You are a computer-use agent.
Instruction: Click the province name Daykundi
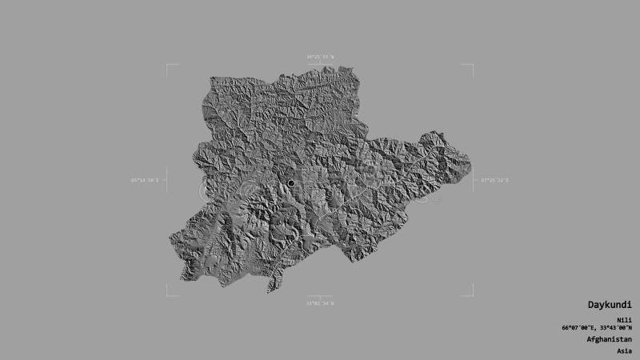[608, 305]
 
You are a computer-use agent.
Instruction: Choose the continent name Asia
[624, 350]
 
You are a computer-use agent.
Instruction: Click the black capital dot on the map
[290, 184]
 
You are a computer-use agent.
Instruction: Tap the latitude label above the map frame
[320, 57]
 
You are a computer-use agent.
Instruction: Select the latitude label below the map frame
[320, 302]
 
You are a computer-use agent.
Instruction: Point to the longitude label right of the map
[495, 180]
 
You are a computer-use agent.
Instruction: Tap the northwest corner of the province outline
[211, 78]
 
